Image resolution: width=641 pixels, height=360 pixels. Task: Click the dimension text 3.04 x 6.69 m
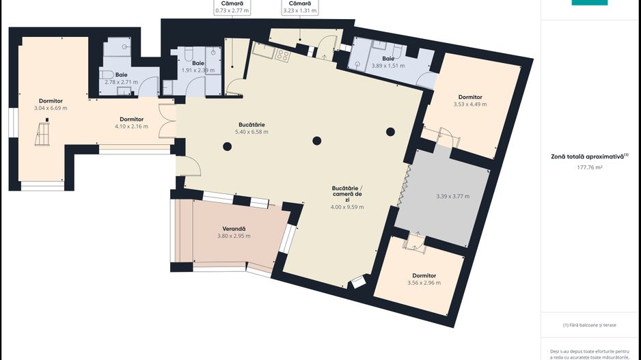click(51, 108)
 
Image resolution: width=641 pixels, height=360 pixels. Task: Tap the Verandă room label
click(234, 228)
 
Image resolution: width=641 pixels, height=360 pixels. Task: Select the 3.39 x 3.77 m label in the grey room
click(452, 197)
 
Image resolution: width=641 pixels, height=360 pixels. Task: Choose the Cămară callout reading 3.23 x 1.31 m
click(301, 10)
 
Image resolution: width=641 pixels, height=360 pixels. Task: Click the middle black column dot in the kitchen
click(316, 141)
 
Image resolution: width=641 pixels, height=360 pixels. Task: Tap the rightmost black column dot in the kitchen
click(390, 131)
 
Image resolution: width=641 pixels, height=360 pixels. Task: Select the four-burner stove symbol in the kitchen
click(283, 55)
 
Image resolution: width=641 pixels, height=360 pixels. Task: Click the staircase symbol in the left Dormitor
click(43, 133)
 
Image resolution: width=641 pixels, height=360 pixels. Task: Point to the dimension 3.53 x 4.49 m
click(470, 105)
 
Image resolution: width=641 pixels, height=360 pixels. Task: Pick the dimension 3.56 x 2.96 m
click(424, 283)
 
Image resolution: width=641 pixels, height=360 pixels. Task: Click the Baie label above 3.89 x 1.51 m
click(387, 59)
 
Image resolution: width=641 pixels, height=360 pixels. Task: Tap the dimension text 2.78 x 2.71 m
click(121, 82)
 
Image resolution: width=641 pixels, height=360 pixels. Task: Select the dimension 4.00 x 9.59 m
click(347, 207)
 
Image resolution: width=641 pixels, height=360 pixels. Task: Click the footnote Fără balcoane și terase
click(590, 324)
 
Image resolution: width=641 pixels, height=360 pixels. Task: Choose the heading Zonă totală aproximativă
click(588, 156)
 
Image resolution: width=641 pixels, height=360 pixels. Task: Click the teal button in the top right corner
click(589, 3)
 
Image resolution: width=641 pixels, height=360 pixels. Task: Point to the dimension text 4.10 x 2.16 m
click(131, 126)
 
